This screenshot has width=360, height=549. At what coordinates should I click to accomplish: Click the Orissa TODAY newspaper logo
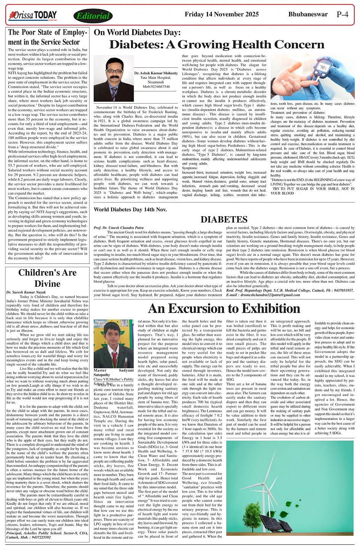click(33, 16)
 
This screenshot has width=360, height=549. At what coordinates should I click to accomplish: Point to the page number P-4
click(342, 15)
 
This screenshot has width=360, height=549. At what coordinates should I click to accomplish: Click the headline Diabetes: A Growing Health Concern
click(217, 45)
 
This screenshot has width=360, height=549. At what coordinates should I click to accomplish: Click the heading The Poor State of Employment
click(48, 37)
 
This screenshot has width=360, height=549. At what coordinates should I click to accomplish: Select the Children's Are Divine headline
click(47, 278)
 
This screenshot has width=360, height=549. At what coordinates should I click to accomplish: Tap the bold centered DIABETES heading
click(224, 220)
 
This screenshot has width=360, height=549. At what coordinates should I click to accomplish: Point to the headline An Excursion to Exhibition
click(224, 308)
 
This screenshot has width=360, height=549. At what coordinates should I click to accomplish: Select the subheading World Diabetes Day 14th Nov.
click(130, 210)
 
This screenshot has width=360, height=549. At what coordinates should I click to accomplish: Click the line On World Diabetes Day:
click(137, 33)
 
